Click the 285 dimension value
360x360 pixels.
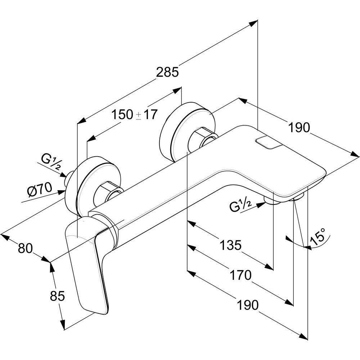click(167, 72)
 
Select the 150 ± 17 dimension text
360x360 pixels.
click(134, 115)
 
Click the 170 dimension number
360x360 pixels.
click(240, 275)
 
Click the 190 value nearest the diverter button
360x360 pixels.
click(298, 127)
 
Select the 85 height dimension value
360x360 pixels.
click(57, 296)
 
